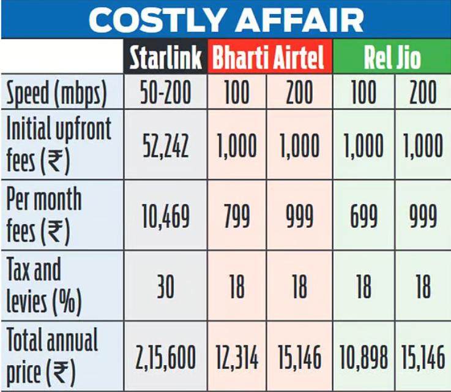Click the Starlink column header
(x=165, y=58)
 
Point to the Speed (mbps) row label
(x=56, y=93)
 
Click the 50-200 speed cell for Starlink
(x=165, y=93)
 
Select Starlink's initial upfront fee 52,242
(x=165, y=146)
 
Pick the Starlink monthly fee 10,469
(x=165, y=216)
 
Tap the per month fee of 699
(x=363, y=216)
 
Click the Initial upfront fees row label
(x=58, y=145)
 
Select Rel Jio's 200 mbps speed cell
(x=423, y=93)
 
